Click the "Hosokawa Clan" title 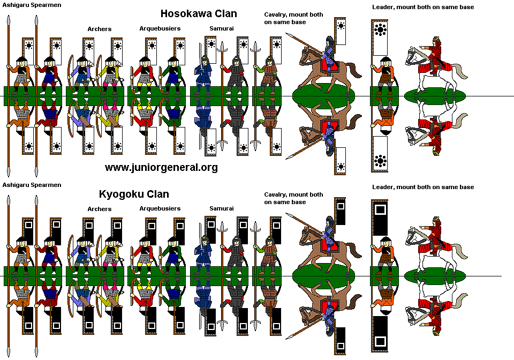coord(199,13)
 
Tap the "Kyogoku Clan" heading coord(134,194)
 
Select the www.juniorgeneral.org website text coord(161,168)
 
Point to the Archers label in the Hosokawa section coord(100,29)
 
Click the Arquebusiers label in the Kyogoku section coord(160,208)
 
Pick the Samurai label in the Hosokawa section coord(221,28)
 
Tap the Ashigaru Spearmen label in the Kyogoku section coord(32,185)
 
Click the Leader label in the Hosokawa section coord(423,7)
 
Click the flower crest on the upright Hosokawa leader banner coord(381,30)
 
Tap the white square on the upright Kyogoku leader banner coord(380,210)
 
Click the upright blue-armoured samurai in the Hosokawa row coord(203,70)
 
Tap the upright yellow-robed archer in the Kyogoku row coord(111,249)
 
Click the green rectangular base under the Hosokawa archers coord(95,96)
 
